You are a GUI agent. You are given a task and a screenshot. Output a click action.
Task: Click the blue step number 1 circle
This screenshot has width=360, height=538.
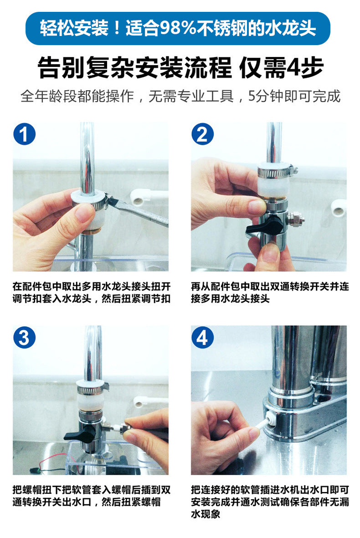click(x=24, y=134)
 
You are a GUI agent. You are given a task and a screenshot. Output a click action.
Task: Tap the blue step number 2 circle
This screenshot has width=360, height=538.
click(x=202, y=134)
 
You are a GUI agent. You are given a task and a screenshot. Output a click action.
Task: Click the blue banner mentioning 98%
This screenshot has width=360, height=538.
click(x=178, y=28)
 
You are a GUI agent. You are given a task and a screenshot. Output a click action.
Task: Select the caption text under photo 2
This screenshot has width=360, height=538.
click(x=270, y=292)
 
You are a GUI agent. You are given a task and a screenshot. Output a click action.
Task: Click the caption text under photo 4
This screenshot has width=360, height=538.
click(x=270, y=502)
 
